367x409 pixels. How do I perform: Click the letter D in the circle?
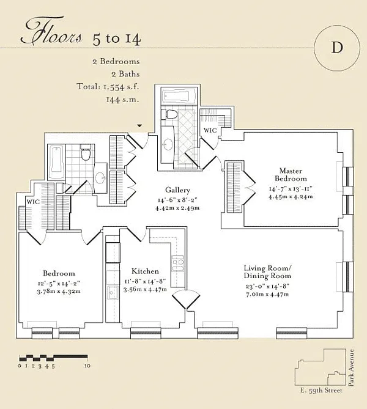337,48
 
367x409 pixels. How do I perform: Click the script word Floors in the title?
51,32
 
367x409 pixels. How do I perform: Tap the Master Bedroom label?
291,175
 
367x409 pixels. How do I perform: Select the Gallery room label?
177,190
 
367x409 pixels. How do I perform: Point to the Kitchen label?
145,271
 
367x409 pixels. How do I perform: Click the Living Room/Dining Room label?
267,272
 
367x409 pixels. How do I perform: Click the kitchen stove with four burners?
178,263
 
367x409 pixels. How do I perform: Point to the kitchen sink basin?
113,293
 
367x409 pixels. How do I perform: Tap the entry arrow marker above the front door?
140,126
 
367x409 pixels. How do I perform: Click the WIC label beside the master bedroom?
210,130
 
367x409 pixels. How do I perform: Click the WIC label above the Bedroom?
33,202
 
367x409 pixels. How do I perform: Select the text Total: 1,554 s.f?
108,87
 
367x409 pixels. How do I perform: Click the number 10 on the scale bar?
87,366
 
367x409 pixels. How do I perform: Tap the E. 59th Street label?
321,391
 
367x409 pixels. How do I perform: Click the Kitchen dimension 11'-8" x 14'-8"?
145,282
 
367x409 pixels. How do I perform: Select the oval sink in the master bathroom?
168,144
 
